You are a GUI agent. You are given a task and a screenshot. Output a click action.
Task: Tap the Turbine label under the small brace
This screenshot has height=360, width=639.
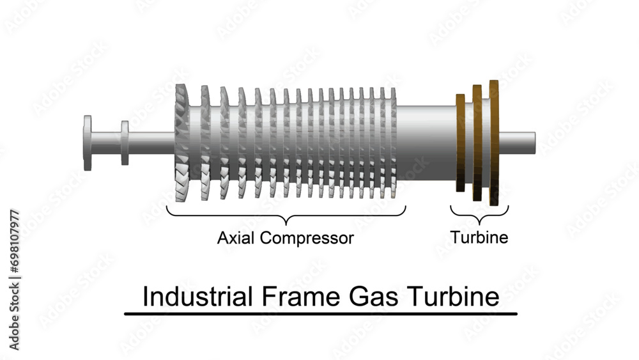coord(479,238)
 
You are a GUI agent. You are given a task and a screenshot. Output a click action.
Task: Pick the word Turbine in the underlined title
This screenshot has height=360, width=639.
coord(456,297)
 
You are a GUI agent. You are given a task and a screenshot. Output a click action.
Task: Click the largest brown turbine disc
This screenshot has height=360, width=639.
coord(494,143)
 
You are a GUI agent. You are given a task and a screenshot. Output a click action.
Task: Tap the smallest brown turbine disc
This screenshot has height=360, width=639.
coord(461,143)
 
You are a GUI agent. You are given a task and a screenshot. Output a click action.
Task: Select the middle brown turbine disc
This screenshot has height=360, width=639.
coord(477,143)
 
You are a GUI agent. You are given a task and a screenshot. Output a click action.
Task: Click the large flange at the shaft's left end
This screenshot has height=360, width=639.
coord(88,143)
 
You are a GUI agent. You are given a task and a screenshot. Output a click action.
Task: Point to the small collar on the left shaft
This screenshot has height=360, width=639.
coord(125,143)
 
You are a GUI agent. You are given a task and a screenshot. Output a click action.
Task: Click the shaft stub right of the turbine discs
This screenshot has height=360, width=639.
coord(518,139)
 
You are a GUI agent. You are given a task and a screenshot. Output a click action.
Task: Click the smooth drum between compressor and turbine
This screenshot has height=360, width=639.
coord(425,142)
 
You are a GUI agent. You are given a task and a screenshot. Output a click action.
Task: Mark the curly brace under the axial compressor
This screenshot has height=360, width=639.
coord(286,215)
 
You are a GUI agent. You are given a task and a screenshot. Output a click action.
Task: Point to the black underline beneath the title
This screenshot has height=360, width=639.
coord(320,314)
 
